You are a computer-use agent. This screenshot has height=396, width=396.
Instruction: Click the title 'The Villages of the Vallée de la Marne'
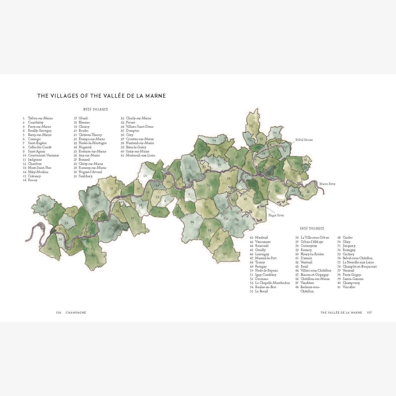101,96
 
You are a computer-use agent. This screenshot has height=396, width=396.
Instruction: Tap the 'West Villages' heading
95,109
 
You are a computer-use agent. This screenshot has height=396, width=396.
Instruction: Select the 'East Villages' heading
312,228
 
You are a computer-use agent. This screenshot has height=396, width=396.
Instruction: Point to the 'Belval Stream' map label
304,140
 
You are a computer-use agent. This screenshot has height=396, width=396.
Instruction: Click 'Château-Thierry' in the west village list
90,135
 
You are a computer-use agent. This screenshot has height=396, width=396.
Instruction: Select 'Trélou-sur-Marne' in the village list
40,118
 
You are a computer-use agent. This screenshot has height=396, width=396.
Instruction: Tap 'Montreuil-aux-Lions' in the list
140,155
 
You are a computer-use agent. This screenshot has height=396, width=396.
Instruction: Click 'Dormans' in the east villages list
262,279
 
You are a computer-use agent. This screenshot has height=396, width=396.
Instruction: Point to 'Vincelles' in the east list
349,287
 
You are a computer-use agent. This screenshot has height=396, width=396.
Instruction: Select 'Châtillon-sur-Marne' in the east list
315,279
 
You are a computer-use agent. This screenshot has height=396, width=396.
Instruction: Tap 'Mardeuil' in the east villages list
261,237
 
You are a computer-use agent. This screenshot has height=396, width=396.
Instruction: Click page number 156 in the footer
59,312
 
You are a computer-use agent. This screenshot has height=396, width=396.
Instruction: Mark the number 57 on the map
225,254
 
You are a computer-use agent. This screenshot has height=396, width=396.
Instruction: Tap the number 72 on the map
251,126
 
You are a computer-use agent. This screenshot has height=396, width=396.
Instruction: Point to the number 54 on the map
192,222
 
